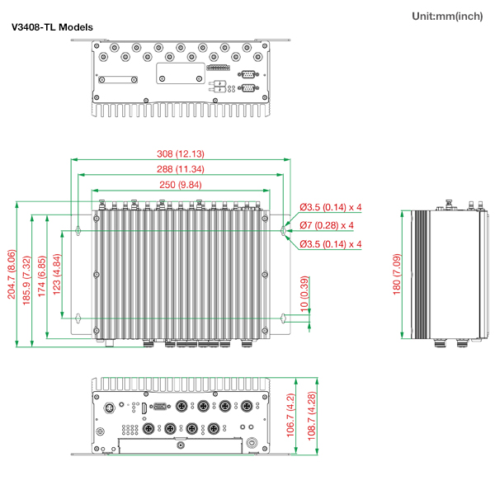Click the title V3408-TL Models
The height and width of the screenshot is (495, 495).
click(51, 27)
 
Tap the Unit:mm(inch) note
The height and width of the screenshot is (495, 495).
click(446, 16)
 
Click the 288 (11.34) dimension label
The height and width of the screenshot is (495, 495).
click(181, 169)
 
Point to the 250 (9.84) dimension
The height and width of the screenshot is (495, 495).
click(181, 184)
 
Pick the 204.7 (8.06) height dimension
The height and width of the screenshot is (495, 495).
click(12, 274)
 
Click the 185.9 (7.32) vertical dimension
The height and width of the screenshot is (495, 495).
click(27, 274)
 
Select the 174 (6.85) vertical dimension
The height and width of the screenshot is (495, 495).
click(42, 274)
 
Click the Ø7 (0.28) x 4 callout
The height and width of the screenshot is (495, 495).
click(327, 225)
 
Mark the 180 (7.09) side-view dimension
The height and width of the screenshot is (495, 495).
click(397, 274)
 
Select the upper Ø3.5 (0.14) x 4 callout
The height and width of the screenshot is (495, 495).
click(331, 207)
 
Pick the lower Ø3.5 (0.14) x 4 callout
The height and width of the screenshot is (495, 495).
click(331, 244)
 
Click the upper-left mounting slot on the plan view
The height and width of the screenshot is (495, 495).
click(78, 230)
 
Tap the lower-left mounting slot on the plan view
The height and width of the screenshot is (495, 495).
click(78, 318)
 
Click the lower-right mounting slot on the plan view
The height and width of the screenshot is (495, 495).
click(284, 318)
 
